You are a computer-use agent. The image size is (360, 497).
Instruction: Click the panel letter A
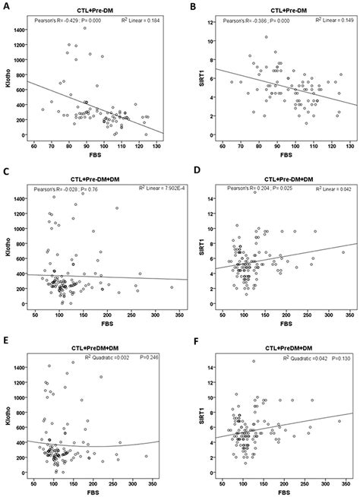(x=5, y=5)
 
